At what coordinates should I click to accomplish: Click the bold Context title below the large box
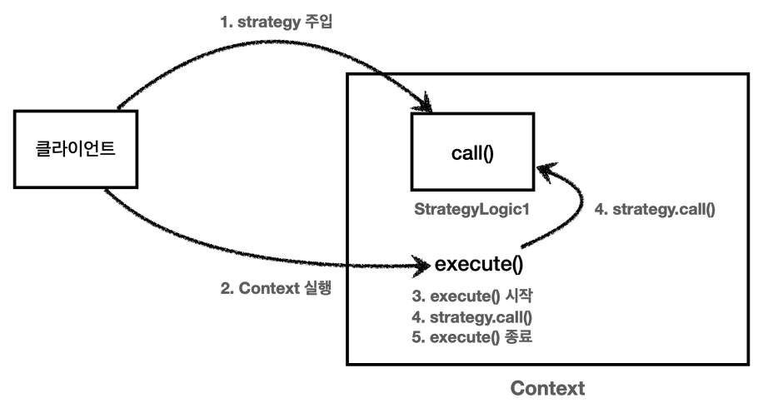pyautogui.click(x=546, y=388)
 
